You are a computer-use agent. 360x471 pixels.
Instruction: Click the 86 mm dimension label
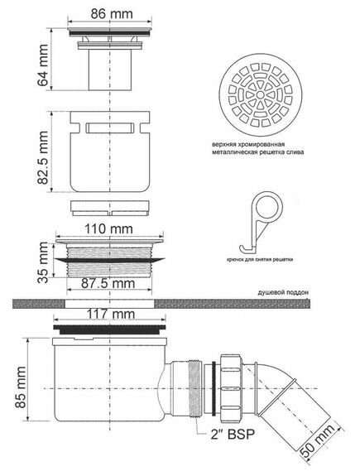click(x=112, y=14)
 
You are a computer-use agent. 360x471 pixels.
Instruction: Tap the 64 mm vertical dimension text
click(x=43, y=65)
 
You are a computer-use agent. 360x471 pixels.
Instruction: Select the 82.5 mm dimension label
click(x=43, y=157)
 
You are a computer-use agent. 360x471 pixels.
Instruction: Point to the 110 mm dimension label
click(x=108, y=229)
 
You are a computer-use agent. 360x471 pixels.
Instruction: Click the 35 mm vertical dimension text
click(x=43, y=262)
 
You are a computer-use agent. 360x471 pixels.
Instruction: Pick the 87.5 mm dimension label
click(x=108, y=283)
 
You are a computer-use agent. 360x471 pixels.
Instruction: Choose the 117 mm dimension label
click(x=111, y=314)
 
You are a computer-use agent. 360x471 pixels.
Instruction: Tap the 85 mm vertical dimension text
click(x=21, y=387)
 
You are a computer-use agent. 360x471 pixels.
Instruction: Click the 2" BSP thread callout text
click(x=233, y=435)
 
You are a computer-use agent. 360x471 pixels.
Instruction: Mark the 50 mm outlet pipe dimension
click(x=319, y=440)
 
